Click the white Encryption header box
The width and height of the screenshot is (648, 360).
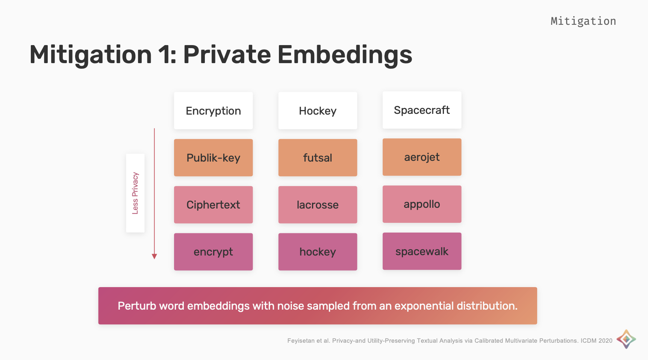213,110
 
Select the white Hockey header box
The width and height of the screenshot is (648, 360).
318,110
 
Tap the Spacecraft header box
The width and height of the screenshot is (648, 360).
422,110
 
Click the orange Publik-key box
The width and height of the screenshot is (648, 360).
213,157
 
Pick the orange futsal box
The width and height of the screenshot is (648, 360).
318,157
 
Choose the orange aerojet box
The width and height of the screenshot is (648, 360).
422,157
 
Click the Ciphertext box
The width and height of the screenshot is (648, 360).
213,205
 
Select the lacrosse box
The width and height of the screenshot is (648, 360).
318,205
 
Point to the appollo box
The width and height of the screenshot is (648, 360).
422,204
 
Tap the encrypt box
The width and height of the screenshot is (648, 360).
213,252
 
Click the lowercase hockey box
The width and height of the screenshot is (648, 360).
318,252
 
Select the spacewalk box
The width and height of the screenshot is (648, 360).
422,251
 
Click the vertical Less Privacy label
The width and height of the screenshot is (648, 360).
135,193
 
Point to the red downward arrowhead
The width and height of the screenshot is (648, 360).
154,256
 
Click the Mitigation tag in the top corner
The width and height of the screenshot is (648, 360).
583,21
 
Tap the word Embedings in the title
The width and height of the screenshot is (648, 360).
345,55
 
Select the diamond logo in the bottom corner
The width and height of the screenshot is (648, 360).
626,339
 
